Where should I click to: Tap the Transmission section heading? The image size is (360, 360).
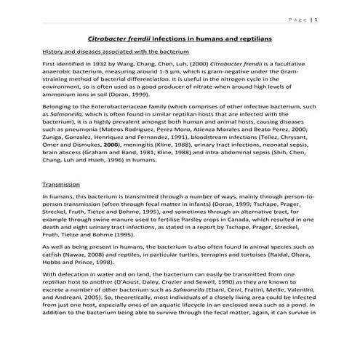tap(61, 185)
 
